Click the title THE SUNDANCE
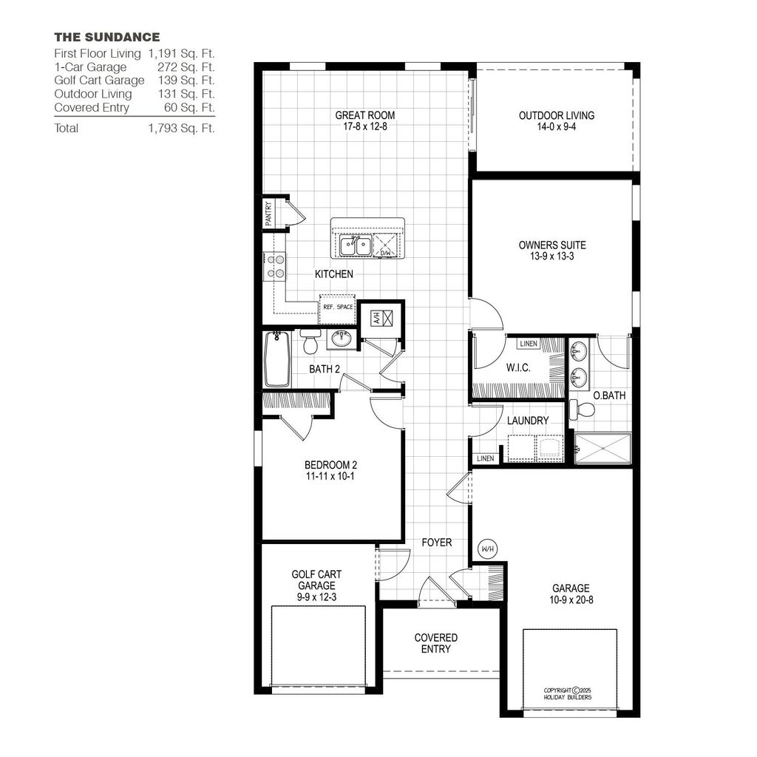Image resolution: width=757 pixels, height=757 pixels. (x=106, y=37)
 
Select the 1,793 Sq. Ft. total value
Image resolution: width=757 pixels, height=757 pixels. (x=181, y=128)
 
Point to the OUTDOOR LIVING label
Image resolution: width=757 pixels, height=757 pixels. (x=556, y=115)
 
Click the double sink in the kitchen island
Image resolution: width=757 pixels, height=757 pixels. (x=355, y=245)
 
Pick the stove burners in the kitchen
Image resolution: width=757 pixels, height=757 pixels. (x=276, y=266)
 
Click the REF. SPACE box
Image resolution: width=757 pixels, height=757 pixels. (x=336, y=307)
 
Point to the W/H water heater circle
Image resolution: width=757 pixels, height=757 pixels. (x=487, y=549)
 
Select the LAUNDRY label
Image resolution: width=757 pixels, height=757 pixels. (x=528, y=421)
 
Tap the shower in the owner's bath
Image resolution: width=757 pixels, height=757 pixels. (x=603, y=449)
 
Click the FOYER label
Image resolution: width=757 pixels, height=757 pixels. (x=437, y=543)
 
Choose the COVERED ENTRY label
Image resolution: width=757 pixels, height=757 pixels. (x=435, y=643)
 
